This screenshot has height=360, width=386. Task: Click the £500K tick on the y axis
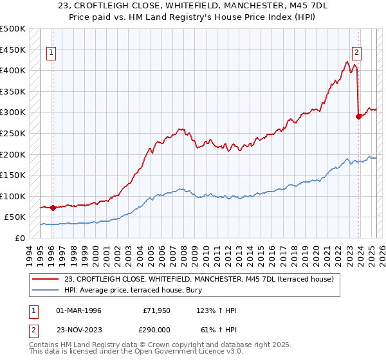tap(13, 29)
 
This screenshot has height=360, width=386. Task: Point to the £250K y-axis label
tap(13, 133)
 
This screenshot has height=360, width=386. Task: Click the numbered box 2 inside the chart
tap(356, 54)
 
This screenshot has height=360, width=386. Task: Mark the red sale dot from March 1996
tap(53, 208)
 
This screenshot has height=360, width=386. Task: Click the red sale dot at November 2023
tap(358, 116)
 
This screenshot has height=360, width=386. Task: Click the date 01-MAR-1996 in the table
tap(80, 310)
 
